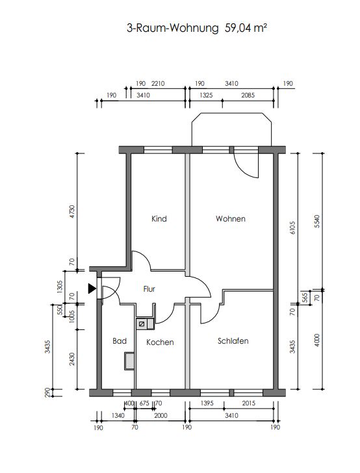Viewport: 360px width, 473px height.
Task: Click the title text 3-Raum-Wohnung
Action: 172,29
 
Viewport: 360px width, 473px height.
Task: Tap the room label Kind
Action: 159,219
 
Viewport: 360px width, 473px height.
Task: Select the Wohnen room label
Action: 231,219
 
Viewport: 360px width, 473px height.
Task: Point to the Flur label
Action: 149,289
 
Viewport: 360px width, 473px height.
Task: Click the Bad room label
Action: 120,341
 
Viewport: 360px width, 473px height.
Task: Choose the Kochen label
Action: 160,342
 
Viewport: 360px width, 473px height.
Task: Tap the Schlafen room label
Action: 233,341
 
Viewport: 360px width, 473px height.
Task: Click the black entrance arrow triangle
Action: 92,288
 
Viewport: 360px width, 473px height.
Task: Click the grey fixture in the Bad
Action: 129,361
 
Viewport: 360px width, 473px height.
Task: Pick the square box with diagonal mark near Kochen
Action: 141,324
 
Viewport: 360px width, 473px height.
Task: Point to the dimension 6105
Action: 292,228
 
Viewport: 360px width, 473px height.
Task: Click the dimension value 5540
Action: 316,221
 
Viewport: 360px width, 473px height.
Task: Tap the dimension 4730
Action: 71,212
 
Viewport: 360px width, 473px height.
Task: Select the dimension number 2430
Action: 71,359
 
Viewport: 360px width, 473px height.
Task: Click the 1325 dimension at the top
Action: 206,96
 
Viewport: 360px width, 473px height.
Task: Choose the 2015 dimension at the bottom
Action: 249,403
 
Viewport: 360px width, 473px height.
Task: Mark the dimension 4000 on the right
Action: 316,340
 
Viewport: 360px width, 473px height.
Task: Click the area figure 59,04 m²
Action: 246,28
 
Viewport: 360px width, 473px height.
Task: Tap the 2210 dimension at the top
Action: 158,83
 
